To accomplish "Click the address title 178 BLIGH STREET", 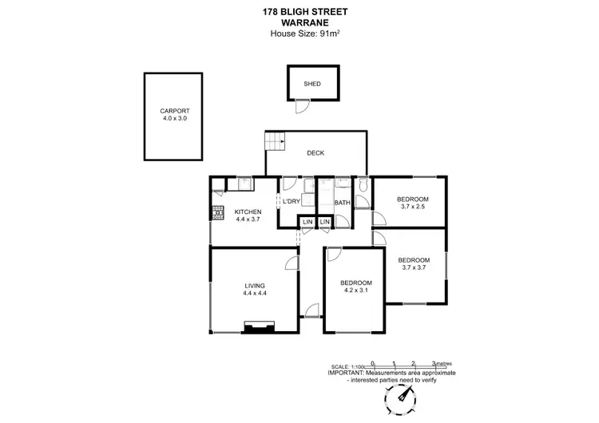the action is click(299, 12).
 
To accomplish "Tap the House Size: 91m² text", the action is click(299, 34).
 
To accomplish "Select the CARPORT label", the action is click(175, 111).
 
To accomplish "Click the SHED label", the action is click(312, 84).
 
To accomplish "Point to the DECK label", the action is click(315, 153).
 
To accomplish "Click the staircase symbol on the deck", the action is click(276, 142).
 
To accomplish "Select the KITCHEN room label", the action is click(248, 211).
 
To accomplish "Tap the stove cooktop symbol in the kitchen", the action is click(216, 211).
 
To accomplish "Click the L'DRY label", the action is click(292, 202).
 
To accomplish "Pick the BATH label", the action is click(343, 202).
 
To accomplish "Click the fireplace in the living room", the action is click(260, 326).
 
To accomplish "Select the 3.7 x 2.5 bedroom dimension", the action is click(414, 207).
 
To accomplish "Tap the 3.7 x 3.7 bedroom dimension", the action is click(414, 267).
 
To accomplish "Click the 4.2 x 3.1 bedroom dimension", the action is click(355, 291).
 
